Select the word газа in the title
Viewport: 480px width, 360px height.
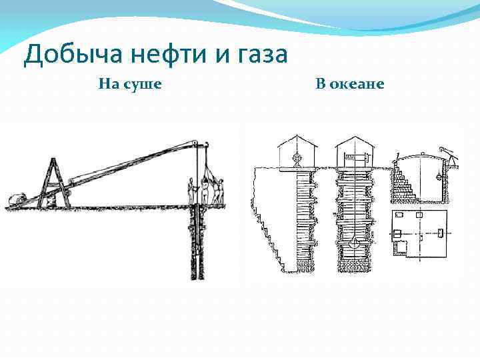coord(257,54)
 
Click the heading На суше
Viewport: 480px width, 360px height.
coord(130,85)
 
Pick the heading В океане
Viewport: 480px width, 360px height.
coord(350,85)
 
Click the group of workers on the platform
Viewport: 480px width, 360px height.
coord(207,190)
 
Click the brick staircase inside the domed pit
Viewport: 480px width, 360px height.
coord(407,180)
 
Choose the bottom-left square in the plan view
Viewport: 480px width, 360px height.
coord(401,249)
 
